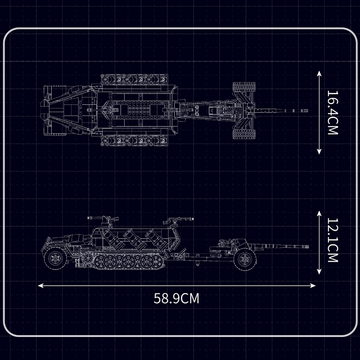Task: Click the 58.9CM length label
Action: coord(176,298)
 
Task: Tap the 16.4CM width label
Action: coord(332,113)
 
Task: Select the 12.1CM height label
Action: coord(332,241)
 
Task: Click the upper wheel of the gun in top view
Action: coord(243,88)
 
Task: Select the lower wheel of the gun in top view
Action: coord(243,133)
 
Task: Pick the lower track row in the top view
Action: coord(135,141)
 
